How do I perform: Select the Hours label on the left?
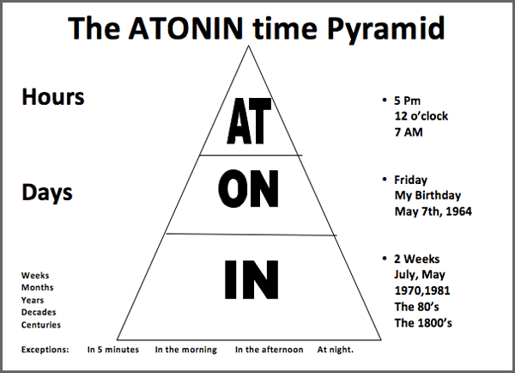52,97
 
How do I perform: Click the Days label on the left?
47,193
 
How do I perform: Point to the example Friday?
410,180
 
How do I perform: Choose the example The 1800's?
423,322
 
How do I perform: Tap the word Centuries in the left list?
41,325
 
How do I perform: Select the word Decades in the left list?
39,313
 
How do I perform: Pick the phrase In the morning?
185,351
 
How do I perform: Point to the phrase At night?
335,351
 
